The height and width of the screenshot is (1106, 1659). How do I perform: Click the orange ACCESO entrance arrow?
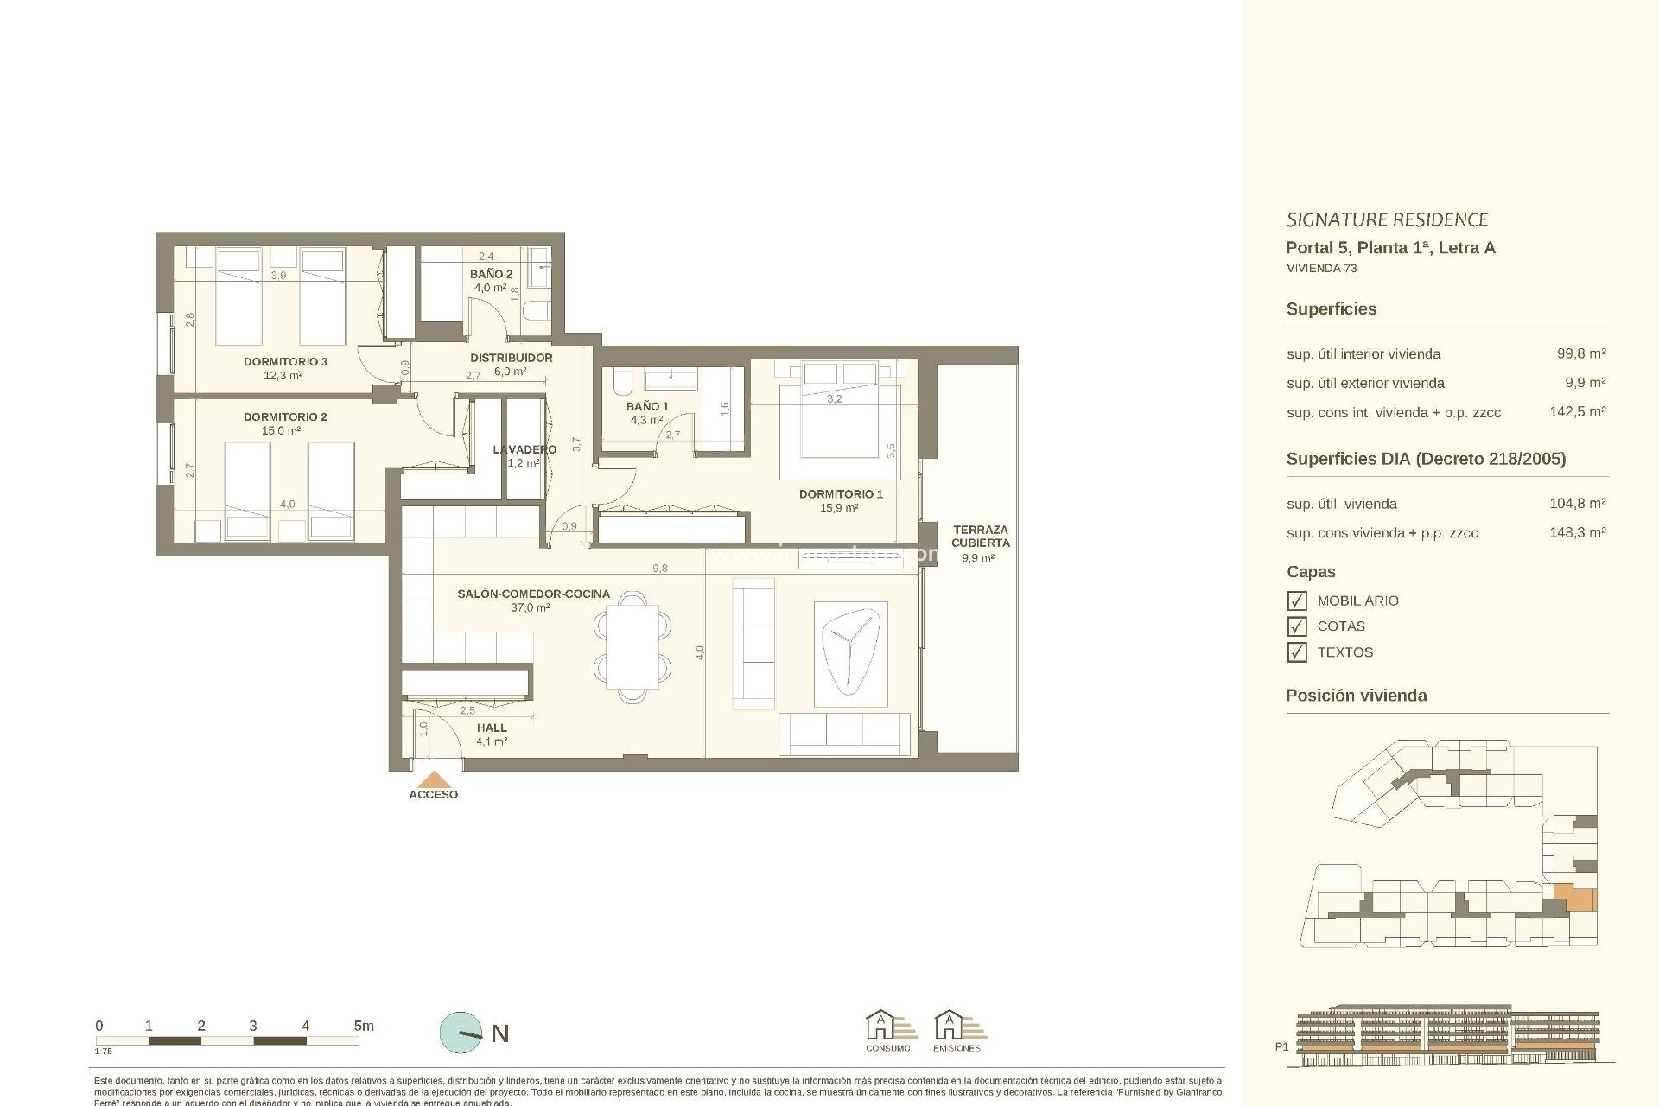[433, 779]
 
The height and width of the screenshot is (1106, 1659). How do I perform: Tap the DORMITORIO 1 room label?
[840, 494]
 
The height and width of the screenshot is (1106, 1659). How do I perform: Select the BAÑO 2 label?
[491, 274]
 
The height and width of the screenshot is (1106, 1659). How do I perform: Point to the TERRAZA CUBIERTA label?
[980, 537]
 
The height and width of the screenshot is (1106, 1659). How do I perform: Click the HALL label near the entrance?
[492, 728]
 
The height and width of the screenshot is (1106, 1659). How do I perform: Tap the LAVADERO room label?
[524, 449]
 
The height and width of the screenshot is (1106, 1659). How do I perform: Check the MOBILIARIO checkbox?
[1296, 601]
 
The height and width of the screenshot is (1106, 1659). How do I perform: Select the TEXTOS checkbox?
[1296, 652]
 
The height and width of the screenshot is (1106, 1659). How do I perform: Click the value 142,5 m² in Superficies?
[1577, 412]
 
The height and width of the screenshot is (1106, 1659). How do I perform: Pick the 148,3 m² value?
[1577, 533]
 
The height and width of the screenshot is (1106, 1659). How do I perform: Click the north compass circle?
[461, 1033]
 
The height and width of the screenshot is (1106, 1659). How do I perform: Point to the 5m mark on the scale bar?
[363, 1027]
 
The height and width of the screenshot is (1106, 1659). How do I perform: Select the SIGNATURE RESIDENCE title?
[1387, 220]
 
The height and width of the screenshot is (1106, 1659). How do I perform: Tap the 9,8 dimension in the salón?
[659, 569]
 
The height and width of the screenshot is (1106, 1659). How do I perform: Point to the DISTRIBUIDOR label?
[511, 358]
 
